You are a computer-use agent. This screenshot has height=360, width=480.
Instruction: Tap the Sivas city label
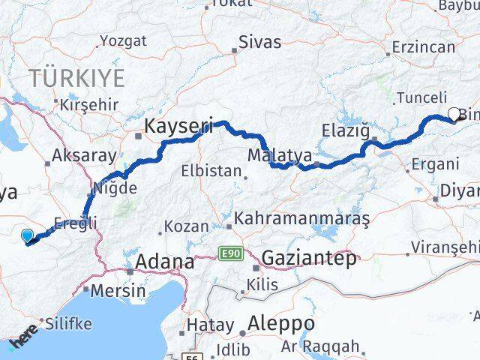tap(259, 42)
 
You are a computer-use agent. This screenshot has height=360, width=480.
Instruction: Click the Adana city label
tap(163, 263)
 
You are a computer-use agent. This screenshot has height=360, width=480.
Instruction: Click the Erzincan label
tap(424, 47)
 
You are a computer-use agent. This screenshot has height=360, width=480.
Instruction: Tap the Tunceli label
tap(421, 97)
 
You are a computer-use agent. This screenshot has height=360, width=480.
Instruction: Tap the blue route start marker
tap(28, 237)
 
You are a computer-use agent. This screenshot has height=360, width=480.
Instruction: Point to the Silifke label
tap(68, 324)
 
